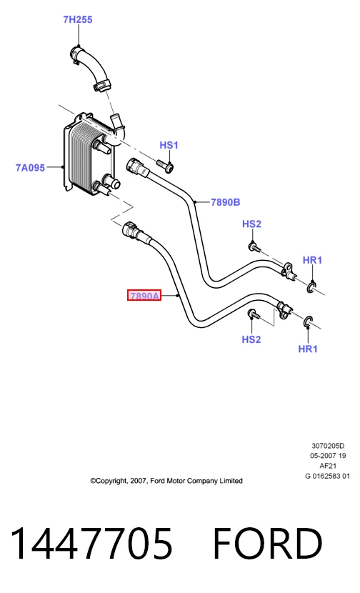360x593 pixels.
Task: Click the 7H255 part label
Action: [78, 19]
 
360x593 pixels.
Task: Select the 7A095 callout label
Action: [30, 167]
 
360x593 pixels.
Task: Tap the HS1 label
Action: [169, 145]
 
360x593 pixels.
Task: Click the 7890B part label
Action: [226, 202]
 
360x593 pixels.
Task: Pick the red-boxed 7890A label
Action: [144, 295]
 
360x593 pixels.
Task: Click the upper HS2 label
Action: [251, 224]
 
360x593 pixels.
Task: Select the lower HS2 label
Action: [251, 339]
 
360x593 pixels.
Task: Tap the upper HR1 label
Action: [312, 260]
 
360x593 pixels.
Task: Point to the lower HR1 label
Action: [308, 349]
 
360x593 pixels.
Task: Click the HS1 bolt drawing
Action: [165, 165]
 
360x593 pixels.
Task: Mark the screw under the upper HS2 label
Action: [254, 248]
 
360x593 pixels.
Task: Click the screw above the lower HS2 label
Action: [254, 314]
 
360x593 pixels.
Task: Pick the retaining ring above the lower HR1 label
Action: [308, 322]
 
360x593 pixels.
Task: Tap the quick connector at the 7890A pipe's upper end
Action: [133, 231]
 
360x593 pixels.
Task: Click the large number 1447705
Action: [92, 544]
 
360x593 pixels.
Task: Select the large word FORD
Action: [268, 544]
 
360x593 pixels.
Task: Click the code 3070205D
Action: [328, 446]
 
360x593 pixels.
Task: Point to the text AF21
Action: [328, 466]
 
